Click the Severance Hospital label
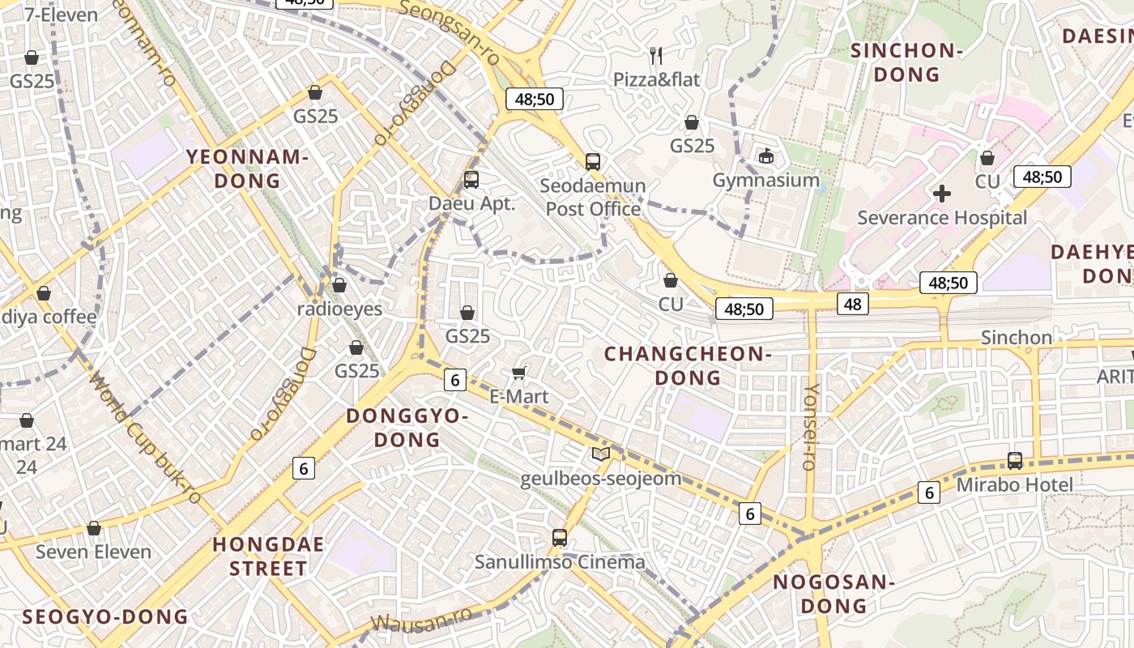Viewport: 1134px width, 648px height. (942, 218)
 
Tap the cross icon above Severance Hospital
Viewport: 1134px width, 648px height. (941, 194)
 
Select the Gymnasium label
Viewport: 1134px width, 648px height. (766, 180)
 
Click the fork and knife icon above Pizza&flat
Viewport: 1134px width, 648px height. (656, 56)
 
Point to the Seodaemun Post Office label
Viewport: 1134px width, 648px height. (593, 198)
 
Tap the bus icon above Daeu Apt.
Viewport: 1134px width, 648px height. (471, 180)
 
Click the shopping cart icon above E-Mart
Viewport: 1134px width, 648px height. (519, 373)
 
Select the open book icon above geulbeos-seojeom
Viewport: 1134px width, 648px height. (600, 454)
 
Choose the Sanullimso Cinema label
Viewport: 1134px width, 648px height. (560, 562)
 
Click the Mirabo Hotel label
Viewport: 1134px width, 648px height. (1014, 485)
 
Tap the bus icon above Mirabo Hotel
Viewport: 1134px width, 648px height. (1015, 460)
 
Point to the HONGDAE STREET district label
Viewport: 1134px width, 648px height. (268, 556)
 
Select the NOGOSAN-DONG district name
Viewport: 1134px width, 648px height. (833, 594)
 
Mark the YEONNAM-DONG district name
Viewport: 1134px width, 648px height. (248, 168)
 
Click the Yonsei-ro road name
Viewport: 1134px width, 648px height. (809, 427)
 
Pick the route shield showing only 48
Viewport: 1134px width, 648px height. (852, 304)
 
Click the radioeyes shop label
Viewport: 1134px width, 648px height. (339, 309)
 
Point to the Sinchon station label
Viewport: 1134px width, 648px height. (1017, 337)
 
